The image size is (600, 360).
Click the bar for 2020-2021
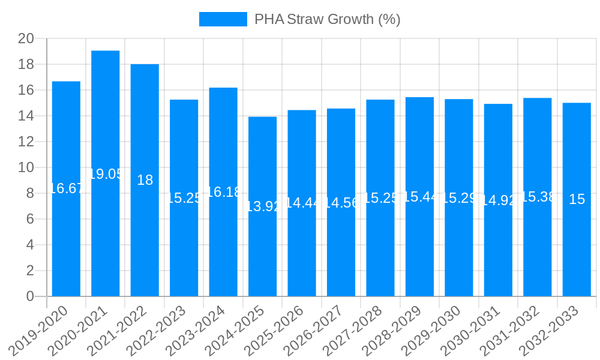(x=106, y=173)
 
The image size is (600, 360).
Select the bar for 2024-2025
(x=262, y=206)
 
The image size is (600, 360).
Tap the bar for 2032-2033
(x=577, y=199)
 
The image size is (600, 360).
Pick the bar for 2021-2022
(x=145, y=180)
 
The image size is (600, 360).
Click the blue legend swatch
(x=223, y=19)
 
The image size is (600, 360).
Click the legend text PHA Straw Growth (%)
(x=327, y=19)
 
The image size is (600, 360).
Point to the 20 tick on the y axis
(x=26, y=39)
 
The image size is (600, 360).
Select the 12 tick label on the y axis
(x=26, y=142)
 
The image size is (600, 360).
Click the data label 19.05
(x=106, y=174)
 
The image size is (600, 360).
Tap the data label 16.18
(x=223, y=192)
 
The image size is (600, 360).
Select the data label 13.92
(x=262, y=206)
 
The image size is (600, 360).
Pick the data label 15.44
(x=419, y=197)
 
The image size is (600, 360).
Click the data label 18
(x=145, y=180)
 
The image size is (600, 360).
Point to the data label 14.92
(x=498, y=200)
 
